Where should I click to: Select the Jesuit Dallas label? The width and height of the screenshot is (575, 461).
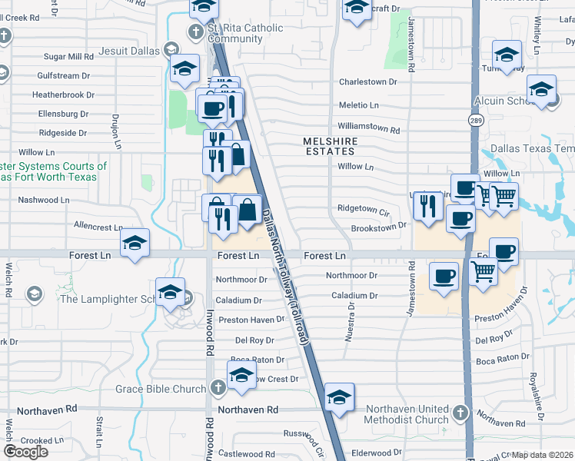tap(129, 51)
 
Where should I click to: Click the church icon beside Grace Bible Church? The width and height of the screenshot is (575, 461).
tap(218, 388)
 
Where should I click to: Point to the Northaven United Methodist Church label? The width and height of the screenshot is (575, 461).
tap(407, 414)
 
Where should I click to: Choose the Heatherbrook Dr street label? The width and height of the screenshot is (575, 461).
tap(63, 95)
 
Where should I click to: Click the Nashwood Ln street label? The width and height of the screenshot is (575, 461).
tap(44, 200)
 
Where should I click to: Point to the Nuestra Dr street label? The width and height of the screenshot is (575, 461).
tap(351, 316)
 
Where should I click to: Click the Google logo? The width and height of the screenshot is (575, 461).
tap(25, 452)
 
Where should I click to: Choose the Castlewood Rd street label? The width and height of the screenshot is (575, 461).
tap(247, 455)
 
